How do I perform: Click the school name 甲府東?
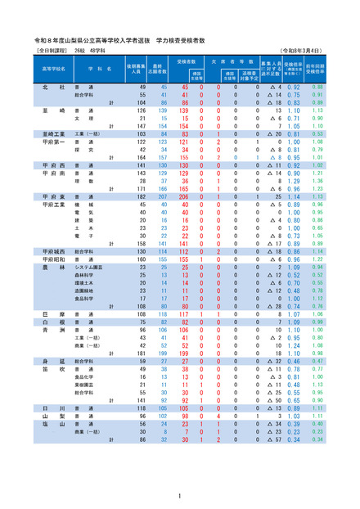point(55,197)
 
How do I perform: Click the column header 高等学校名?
point(54,70)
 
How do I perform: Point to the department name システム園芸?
point(88,267)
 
